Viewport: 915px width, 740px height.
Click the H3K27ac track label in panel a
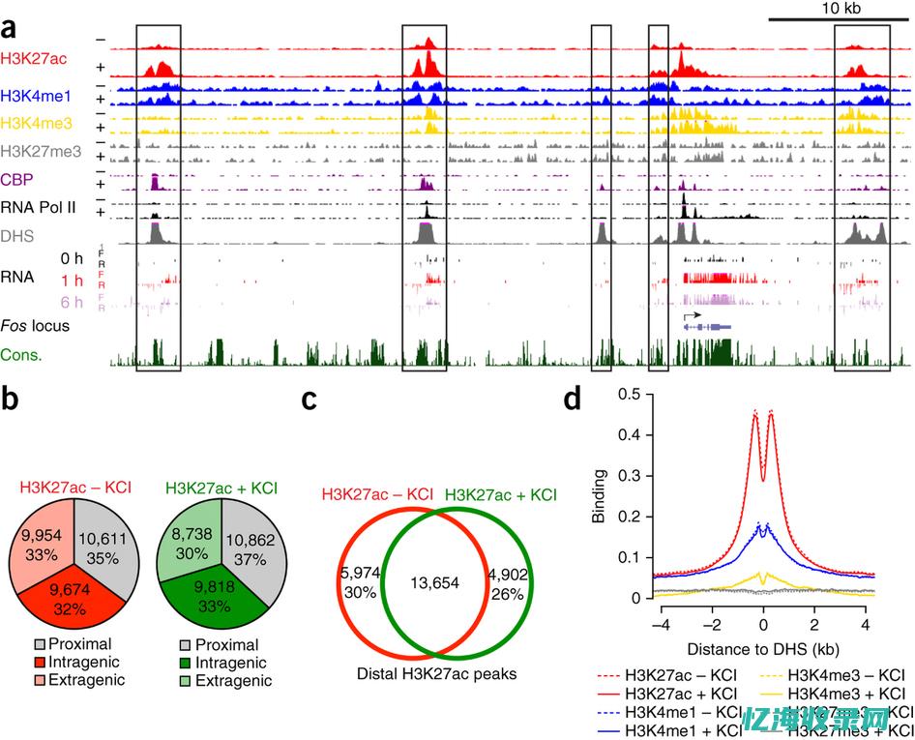pos(34,58)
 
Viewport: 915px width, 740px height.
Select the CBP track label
pos(16,178)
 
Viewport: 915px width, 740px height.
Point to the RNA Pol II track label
pos(39,206)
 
